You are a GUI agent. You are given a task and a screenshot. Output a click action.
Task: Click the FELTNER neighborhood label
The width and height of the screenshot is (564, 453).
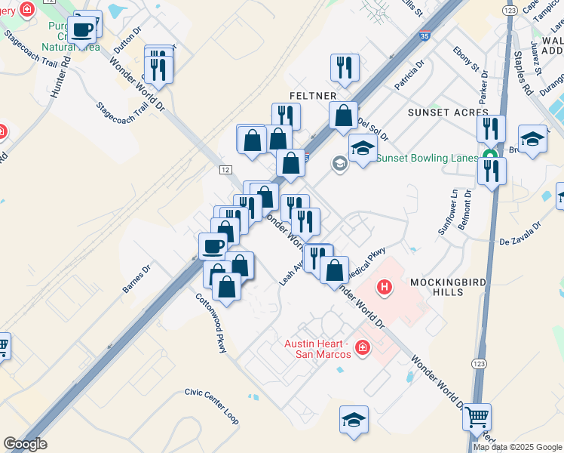click(311, 96)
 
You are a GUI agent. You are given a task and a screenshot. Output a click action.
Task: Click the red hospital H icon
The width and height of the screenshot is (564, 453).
click(385, 287)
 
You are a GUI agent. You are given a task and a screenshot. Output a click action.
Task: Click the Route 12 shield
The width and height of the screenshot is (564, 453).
click(226, 169)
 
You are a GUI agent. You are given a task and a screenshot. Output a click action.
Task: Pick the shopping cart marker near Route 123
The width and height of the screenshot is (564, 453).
click(476, 416)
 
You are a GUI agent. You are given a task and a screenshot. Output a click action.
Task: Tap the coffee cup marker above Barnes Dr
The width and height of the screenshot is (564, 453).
click(213, 245)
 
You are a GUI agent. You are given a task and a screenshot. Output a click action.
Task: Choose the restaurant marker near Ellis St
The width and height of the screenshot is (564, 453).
click(345, 67)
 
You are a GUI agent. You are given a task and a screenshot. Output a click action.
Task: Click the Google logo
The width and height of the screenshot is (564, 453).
click(25, 444)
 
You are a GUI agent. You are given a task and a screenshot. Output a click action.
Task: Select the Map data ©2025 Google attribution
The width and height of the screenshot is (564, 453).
click(517, 447)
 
